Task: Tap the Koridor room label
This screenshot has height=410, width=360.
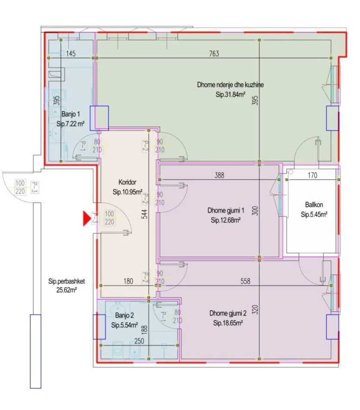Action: (x=127, y=182)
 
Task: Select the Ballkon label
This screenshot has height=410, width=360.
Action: (x=314, y=205)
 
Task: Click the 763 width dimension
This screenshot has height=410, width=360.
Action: (x=214, y=54)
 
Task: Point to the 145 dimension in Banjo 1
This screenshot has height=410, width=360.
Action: (x=71, y=54)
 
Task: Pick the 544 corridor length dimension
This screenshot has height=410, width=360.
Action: (x=144, y=214)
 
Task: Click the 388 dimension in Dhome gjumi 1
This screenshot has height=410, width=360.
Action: (x=219, y=175)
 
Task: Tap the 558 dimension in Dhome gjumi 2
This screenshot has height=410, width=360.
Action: (x=245, y=281)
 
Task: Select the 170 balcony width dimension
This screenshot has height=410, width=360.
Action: (x=313, y=175)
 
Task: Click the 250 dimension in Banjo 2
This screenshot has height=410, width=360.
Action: (x=139, y=341)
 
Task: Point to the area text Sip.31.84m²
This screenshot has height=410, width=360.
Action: (x=230, y=95)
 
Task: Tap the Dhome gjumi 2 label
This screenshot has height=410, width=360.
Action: (x=228, y=313)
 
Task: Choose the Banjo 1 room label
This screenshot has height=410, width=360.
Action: (x=71, y=114)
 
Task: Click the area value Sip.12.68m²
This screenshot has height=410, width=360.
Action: (x=226, y=220)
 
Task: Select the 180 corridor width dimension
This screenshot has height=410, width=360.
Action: (x=128, y=281)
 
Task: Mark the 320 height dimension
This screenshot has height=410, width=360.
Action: (x=256, y=309)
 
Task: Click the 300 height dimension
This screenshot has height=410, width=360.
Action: (x=256, y=211)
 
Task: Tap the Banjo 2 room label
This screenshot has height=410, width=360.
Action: (x=124, y=315)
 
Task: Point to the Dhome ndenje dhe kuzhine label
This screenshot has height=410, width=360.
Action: (x=230, y=85)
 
